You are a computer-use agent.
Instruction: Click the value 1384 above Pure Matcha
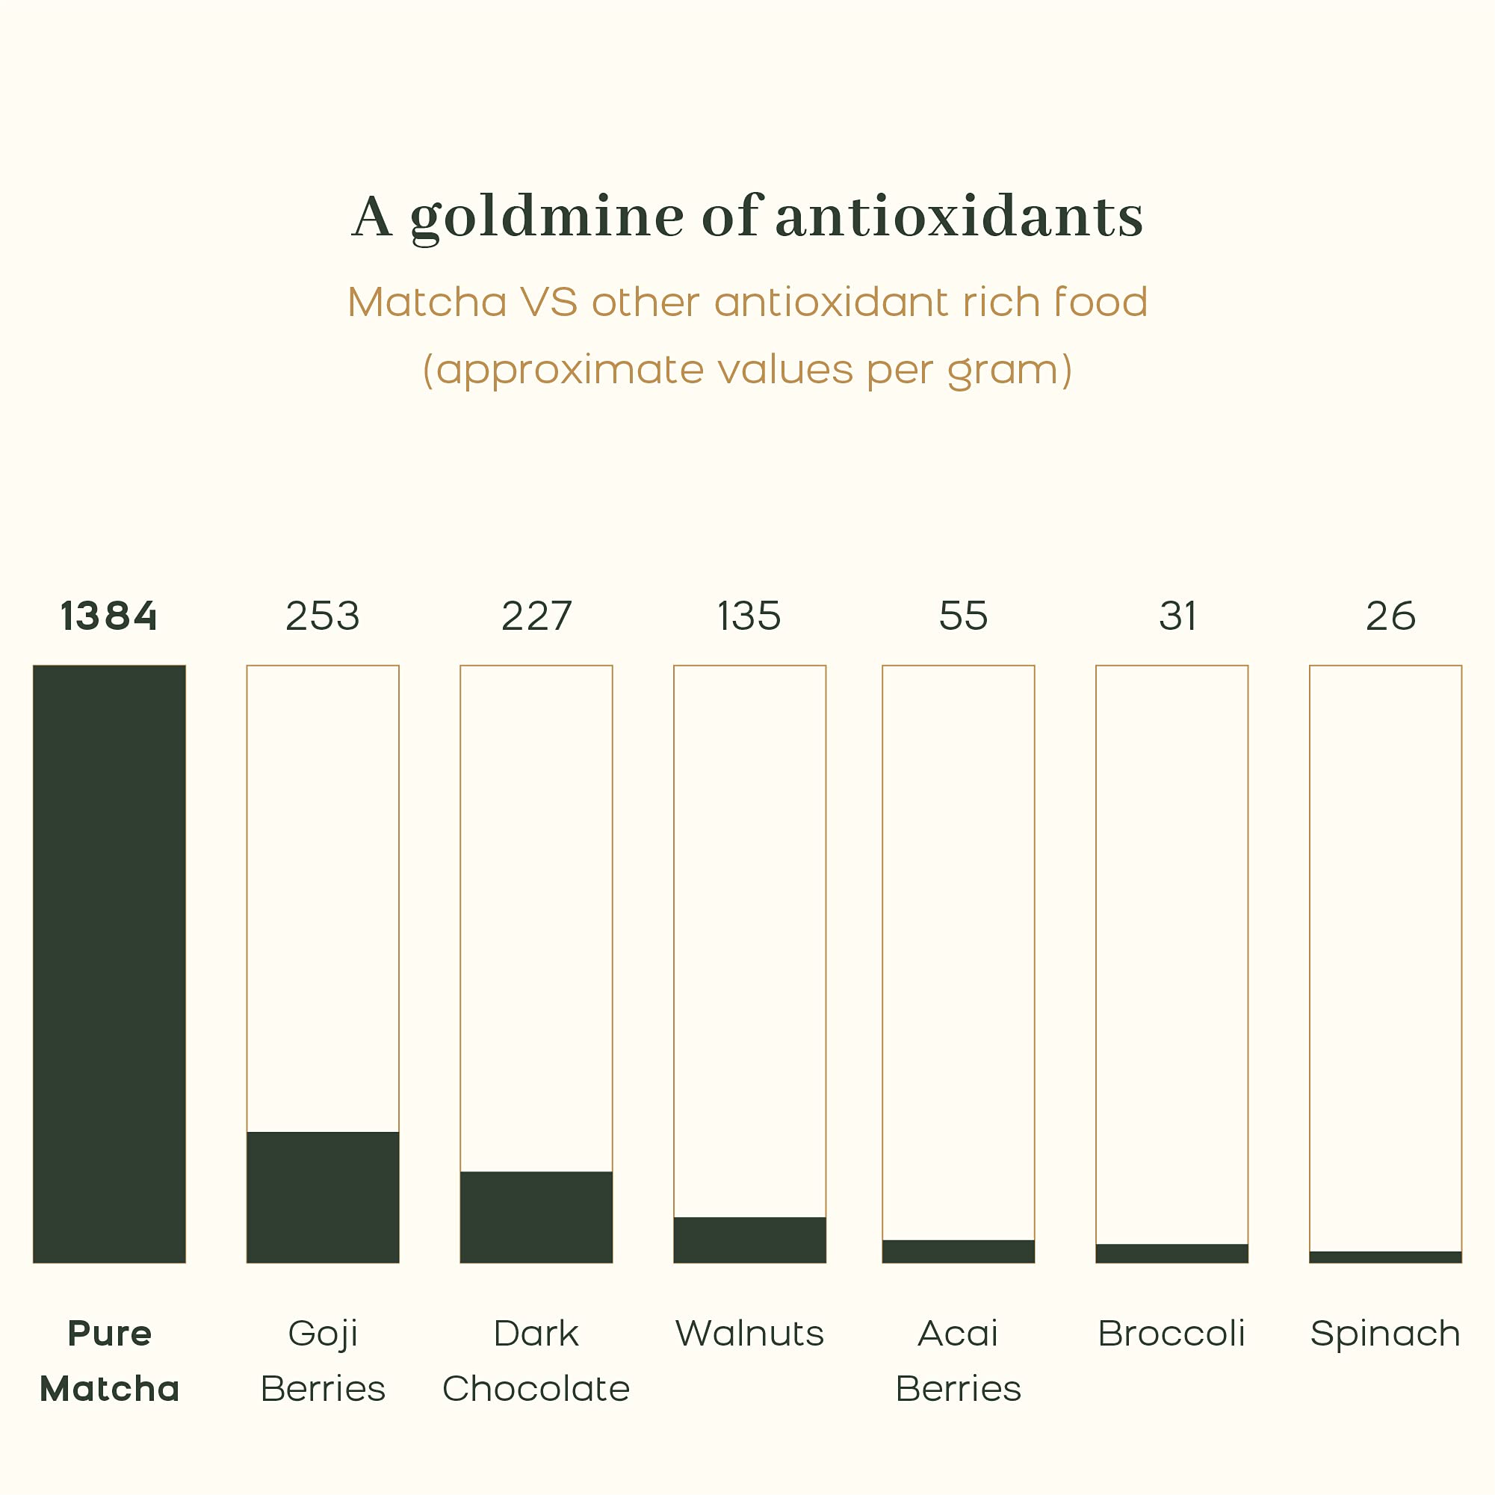click(x=109, y=616)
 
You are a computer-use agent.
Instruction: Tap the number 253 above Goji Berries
click(x=323, y=616)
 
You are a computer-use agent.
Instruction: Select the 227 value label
click(x=536, y=616)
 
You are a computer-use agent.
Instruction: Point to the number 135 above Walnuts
click(x=749, y=616)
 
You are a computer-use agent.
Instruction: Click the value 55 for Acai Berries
click(x=963, y=616)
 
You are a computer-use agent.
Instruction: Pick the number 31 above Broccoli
click(x=1177, y=616)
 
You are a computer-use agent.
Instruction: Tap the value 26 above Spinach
click(x=1390, y=616)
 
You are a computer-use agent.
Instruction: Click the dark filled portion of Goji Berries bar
click(x=323, y=1196)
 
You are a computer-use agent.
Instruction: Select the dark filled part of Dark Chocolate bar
click(x=536, y=1216)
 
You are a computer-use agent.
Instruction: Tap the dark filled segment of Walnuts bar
click(x=749, y=1239)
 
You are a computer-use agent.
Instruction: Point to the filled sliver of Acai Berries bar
click(x=958, y=1251)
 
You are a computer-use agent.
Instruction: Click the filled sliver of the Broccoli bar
click(x=1171, y=1254)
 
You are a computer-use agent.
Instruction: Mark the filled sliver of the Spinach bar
click(x=1385, y=1257)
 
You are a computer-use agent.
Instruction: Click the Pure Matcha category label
click(x=109, y=1361)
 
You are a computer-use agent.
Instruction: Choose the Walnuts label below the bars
click(x=749, y=1334)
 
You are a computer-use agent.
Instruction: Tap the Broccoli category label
click(x=1171, y=1334)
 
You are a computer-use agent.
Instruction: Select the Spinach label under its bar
click(x=1385, y=1334)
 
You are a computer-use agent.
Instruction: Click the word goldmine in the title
click(x=546, y=217)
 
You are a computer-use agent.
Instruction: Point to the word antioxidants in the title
click(x=959, y=217)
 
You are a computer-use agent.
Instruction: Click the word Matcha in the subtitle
click(x=427, y=302)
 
